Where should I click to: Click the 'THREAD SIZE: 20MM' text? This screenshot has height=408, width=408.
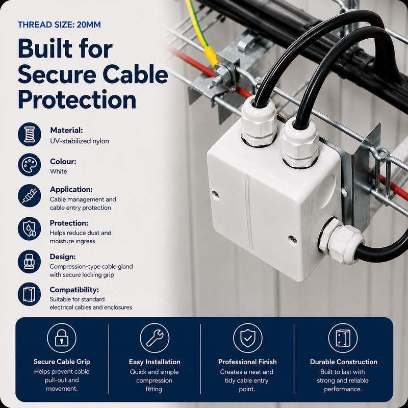point(59,24)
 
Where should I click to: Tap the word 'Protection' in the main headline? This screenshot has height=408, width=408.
point(77,99)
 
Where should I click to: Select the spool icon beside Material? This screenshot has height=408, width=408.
point(30,134)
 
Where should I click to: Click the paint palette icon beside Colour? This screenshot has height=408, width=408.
point(30,165)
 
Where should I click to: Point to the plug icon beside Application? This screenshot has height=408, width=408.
point(30,196)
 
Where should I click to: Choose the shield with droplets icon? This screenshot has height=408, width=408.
point(30,228)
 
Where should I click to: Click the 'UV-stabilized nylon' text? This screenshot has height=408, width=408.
point(80,141)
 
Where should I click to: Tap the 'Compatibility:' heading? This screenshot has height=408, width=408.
point(74,290)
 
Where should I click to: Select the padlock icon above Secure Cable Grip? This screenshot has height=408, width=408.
point(62,338)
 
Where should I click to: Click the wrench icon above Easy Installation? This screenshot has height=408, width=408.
point(155,338)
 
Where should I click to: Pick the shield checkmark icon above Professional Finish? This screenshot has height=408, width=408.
point(248,338)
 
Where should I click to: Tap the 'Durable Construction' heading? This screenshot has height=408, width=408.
point(343,362)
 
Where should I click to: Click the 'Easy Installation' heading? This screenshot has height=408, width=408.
point(155,362)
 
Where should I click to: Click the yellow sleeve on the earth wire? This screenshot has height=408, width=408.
point(211,56)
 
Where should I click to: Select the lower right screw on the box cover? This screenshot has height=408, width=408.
point(293,239)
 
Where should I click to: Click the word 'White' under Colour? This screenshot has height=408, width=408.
point(59,171)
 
